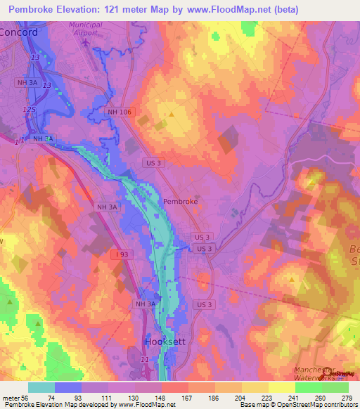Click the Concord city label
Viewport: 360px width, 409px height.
coord(19,32)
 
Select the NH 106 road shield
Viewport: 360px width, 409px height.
coord(121,112)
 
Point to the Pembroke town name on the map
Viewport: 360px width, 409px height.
coord(180,201)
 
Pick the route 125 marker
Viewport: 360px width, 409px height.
coord(29,110)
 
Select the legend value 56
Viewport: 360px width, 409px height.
coord(27,397)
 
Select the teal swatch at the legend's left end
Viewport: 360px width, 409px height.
coord(41,387)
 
